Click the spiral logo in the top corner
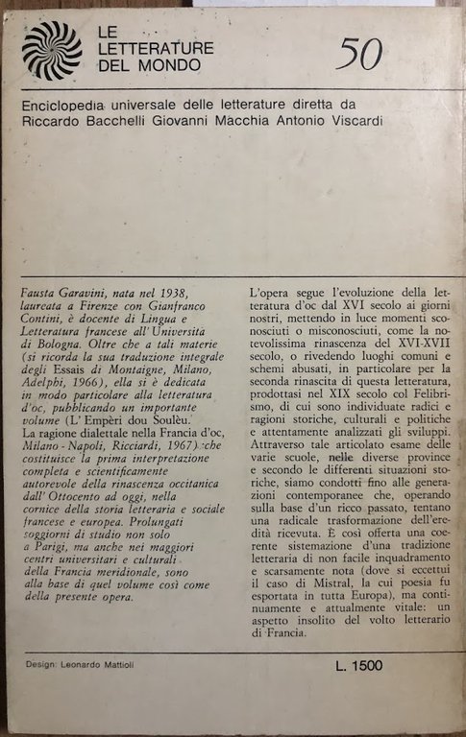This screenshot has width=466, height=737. (52, 51)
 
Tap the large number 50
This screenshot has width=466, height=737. (358, 57)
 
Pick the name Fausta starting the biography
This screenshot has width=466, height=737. (40, 289)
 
